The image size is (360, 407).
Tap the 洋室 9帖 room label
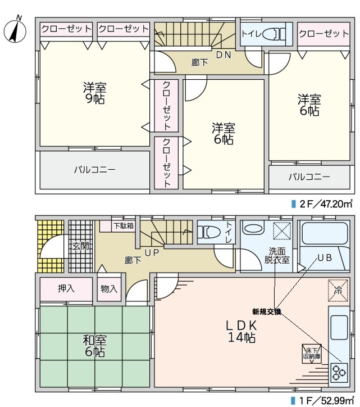[95, 93]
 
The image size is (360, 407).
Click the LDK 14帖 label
[241, 331]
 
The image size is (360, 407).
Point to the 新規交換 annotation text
[266, 311]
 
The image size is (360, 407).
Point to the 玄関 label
[80, 246]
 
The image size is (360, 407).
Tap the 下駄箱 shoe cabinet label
[123, 226]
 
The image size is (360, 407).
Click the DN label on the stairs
[224, 55]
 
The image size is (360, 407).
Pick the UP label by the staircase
[152, 252]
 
